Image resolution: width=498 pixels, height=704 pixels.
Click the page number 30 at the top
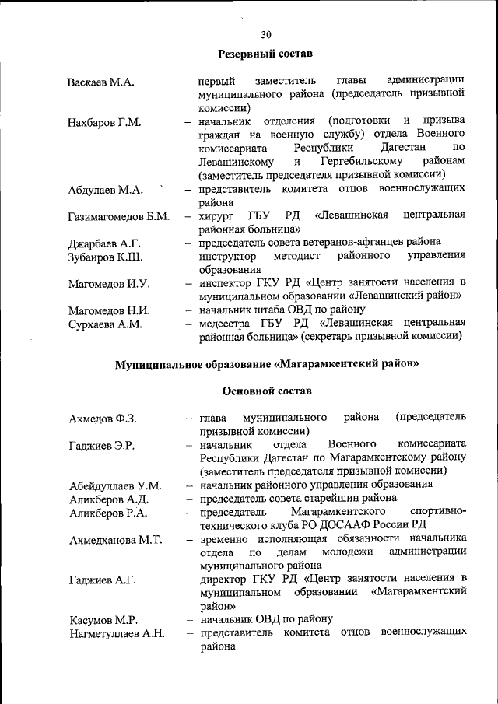266,34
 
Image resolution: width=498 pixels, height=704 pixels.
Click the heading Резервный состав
265,54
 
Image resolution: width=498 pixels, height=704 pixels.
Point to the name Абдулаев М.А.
104,190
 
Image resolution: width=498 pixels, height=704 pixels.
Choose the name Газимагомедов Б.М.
118,216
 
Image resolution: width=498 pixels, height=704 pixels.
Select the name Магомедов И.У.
108,284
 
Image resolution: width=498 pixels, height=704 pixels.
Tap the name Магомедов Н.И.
108,311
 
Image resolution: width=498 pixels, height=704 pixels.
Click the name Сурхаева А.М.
105,324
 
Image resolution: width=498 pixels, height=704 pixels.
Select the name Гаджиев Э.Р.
101,446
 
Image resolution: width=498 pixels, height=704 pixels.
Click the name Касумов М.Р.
103,620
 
